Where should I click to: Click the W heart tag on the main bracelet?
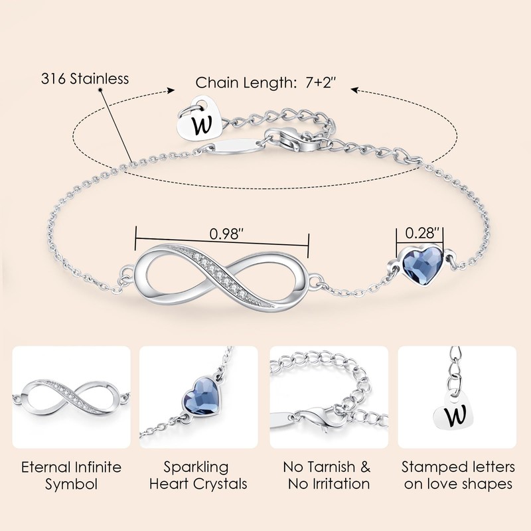click(x=201, y=119)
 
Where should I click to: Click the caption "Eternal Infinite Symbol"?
click(x=72, y=475)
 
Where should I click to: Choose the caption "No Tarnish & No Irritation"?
click(x=328, y=475)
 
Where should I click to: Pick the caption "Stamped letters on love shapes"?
click(x=459, y=475)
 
